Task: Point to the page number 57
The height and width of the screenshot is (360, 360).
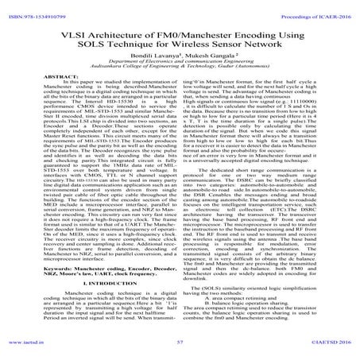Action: pyautogui.click(x=180, y=346)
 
